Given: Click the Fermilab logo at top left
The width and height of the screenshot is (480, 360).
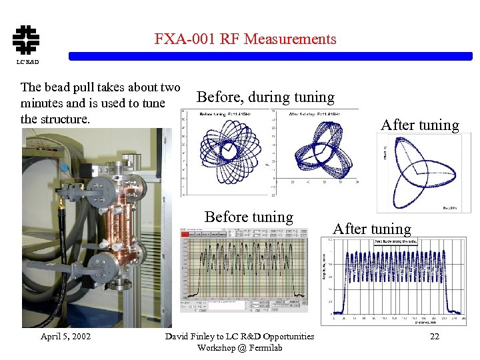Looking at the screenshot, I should coord(26,39).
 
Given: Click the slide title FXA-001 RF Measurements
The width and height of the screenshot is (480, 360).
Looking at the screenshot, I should coord(245,39).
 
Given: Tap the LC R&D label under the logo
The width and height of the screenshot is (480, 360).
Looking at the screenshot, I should coord(27,62).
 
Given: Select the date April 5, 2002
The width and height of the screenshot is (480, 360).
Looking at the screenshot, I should coord(66,336).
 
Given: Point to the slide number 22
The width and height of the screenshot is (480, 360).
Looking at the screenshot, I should coord(434,336).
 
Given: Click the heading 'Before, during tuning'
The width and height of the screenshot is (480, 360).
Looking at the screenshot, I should coord(265,97).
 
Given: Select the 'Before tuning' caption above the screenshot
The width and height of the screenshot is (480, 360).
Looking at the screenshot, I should coord(249,217).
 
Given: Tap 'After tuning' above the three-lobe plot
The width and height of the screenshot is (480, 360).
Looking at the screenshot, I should coord(419,125).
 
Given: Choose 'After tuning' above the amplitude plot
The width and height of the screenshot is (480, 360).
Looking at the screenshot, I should coord(372,229).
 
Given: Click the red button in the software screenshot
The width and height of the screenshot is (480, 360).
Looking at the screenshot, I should coord(185,234).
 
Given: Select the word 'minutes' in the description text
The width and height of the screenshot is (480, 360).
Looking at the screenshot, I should coord(43,103).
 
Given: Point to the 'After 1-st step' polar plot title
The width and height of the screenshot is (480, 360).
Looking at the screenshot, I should coord(315,114).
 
